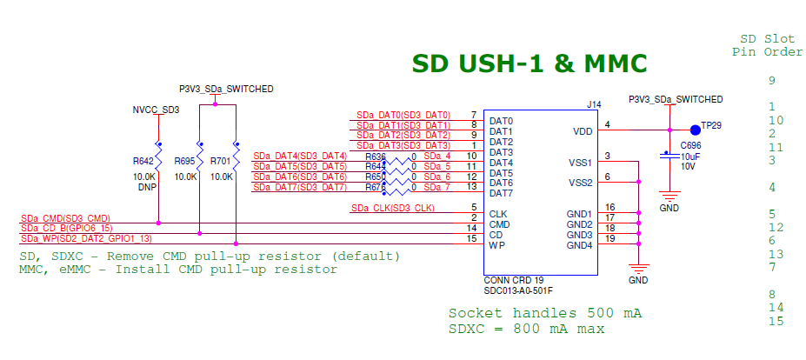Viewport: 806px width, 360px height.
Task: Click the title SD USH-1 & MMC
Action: pos(529,63)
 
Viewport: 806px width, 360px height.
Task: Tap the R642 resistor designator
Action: pos(143,161)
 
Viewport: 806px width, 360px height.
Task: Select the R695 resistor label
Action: pos(185,161)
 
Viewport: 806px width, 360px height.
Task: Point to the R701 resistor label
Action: pos(222,161)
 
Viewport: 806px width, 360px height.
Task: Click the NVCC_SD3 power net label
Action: pos(156,110)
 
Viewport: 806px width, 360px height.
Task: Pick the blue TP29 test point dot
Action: pos(696,130)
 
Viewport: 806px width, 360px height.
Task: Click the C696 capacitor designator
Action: pos(690,145)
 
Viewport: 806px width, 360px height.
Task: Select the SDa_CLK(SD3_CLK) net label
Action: pos(392,208)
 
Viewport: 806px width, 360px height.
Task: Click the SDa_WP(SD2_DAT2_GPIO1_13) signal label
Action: pos(86,237)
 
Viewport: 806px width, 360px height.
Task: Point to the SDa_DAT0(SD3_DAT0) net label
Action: pos(403,115)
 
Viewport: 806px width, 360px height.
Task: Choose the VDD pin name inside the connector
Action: pos(583,131)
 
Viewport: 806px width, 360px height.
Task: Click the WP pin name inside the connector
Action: pos(496,245)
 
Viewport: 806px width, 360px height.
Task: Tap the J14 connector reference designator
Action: pos(594,104)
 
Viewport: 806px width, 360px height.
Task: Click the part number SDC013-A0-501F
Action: pos(518,290)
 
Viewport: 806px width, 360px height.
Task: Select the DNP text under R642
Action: pos(143,187)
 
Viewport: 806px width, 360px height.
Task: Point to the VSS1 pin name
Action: pos(580,163)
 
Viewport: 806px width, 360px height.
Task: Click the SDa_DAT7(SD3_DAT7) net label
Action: pos(299,187)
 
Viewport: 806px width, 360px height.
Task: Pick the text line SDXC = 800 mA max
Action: pos(526,329)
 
